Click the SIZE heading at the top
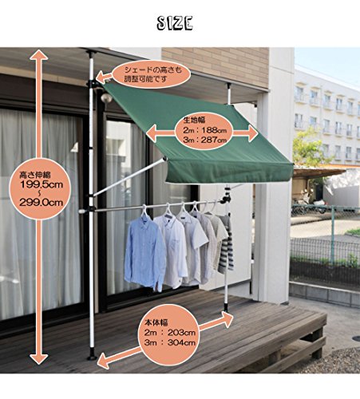point(175,23)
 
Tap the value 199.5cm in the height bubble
point(42,184)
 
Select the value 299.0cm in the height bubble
point(42,203)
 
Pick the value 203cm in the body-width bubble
point(181,333)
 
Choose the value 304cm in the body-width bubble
point(181,342)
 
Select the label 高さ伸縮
point(35,175)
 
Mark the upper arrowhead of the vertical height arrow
point(39,55)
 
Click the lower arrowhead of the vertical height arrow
point(39,358)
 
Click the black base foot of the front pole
point(92,356)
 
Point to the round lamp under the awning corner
point(106,98)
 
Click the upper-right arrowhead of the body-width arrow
point(227,319)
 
